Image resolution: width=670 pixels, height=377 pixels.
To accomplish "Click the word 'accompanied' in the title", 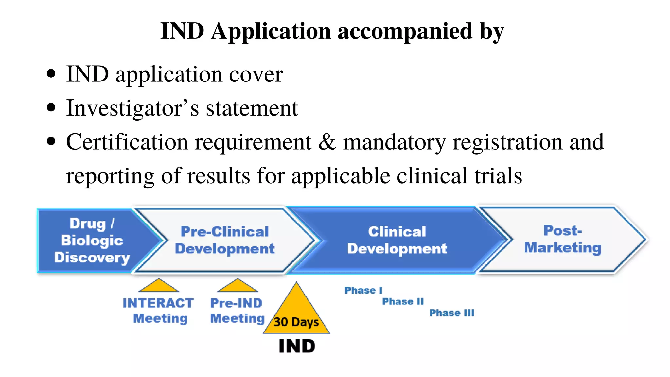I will pos(405,31).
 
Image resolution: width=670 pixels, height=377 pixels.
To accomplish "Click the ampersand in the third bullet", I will pos(327,142).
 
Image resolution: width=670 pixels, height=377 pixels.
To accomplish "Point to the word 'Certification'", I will pos(127,142).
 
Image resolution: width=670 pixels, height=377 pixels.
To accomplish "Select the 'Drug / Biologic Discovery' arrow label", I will pos(92,241).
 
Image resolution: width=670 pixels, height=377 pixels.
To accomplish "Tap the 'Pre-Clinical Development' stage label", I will pos(225,240).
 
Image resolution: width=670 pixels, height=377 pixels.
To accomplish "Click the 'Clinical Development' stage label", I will pos(397,240).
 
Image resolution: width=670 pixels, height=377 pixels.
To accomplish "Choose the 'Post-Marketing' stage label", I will pos(563,239).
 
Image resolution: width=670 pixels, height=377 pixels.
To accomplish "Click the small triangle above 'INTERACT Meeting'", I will pos(159,286).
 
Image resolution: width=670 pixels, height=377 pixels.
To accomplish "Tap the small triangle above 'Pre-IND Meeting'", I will pos(238,286).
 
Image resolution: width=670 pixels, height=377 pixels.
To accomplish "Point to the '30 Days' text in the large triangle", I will pos(296,322).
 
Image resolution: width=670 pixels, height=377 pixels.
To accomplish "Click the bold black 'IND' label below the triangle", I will pos(297,346).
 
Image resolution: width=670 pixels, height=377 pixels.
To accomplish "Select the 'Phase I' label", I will pos(363,290).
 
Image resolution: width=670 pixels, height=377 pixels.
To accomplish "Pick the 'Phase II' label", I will pos(403,301).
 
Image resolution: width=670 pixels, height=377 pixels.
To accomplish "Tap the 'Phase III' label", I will pos(451,313).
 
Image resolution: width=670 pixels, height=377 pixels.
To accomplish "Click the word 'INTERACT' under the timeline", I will pos(158,303).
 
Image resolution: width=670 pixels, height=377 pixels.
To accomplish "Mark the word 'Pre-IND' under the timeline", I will pos(236,303).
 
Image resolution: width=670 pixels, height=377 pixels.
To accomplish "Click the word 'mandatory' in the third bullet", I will pos(394,142).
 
